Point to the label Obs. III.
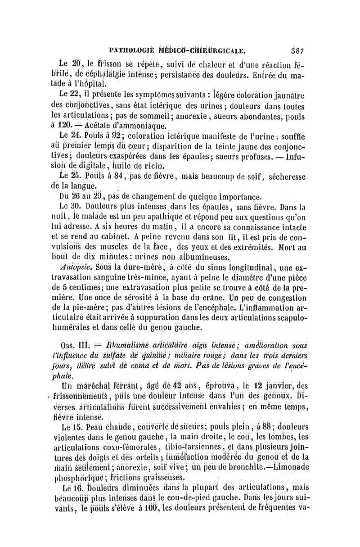click(72, 346)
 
